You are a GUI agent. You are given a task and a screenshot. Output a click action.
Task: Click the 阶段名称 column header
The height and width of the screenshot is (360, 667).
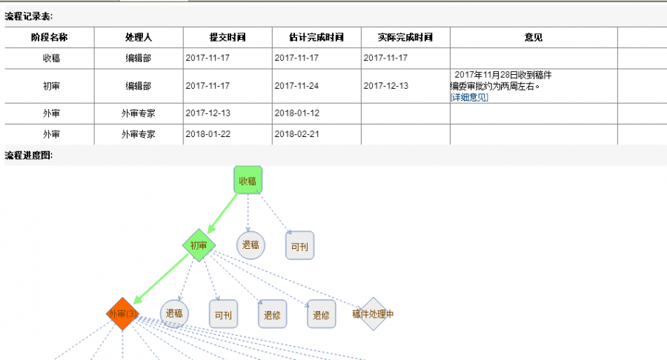50,37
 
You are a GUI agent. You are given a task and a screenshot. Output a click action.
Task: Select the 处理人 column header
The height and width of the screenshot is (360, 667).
139,37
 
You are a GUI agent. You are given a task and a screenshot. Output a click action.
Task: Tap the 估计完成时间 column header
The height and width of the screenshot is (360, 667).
316,37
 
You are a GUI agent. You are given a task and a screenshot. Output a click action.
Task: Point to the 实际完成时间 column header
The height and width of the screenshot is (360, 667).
405,37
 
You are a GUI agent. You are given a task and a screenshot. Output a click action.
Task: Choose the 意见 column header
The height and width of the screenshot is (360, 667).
533,37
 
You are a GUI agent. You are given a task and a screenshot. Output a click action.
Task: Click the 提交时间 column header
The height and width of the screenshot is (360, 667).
228,37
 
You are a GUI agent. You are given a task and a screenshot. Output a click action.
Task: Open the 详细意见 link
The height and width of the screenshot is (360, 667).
469,97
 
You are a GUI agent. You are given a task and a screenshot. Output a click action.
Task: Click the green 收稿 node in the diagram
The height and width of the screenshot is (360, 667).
248,180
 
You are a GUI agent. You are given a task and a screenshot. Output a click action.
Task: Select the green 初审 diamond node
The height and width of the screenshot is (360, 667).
198,245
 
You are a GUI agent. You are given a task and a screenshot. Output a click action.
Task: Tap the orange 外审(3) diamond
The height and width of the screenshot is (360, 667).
122,314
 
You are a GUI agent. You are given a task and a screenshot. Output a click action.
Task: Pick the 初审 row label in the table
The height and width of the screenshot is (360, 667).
50,86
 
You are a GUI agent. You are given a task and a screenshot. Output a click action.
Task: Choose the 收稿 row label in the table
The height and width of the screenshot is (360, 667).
50,58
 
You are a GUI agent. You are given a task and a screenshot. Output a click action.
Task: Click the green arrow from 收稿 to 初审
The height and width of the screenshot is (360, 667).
224,212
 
